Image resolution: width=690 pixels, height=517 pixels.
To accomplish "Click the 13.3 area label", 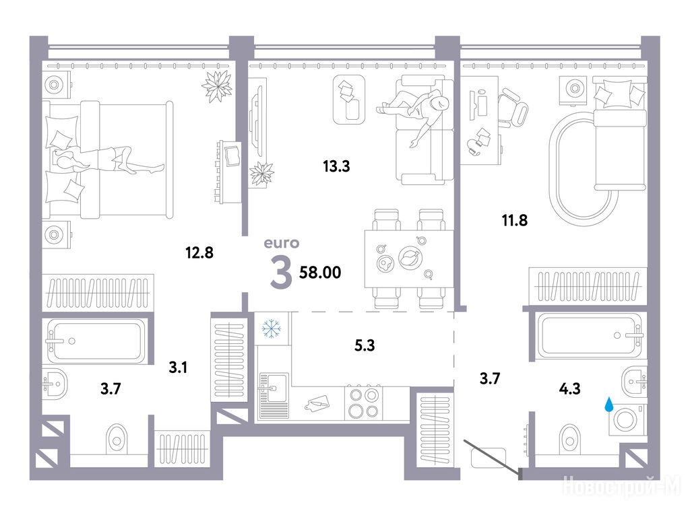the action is (336, 166).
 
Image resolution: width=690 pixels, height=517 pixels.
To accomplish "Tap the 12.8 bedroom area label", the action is (199, 253).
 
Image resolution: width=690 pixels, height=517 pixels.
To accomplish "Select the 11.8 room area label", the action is (515, 220).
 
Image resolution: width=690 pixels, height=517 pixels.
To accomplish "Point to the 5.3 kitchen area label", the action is (365, 345).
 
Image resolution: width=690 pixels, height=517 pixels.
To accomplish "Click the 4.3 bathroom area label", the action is (569, 388).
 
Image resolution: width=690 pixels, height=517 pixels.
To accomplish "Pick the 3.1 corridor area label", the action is (178, 367).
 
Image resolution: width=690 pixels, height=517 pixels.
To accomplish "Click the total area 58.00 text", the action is (320, 273).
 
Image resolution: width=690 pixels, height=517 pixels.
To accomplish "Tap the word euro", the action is (282, 243).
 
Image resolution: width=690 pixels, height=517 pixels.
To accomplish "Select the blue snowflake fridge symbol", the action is (272, 329).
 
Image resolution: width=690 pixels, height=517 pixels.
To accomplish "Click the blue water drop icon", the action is (608, 404).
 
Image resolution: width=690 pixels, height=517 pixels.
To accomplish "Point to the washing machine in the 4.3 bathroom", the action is (627, 420).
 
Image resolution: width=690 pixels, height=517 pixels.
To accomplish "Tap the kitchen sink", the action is (274, 394).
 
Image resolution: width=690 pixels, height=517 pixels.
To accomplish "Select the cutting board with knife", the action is (318, 403).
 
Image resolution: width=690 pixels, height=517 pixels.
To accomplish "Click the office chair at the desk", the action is (513, 108).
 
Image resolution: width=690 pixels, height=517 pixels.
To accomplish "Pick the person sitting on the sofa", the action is (416, 114).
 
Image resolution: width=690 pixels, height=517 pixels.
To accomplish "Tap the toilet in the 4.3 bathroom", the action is (569, 438).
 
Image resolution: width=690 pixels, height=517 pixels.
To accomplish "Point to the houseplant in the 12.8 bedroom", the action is (216, 85).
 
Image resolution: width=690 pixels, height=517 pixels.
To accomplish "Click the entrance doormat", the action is (488, 458).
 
